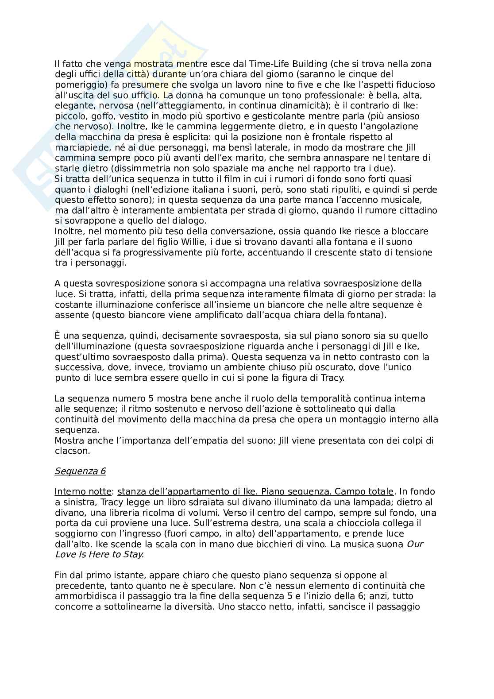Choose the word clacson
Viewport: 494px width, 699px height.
point(72,451)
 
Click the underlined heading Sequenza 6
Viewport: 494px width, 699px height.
point(80,471)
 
